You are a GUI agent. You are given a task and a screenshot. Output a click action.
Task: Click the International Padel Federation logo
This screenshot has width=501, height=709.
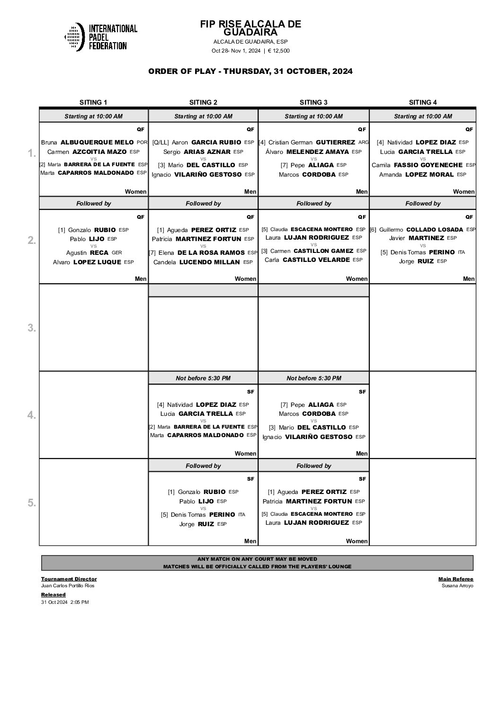click(x=100, y=37)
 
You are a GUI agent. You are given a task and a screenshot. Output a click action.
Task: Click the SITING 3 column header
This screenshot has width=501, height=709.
click(x=313, y=102)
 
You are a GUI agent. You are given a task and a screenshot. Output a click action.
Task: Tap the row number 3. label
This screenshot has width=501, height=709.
click(x=31, y=328)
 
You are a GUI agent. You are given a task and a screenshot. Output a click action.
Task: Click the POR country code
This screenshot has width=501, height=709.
click(x=142, y=142)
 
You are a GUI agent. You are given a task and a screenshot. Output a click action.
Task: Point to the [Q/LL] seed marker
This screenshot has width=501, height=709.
click(x=161, y=142)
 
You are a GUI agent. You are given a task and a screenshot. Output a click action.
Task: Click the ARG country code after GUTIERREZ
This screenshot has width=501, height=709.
click(x=363, y=142)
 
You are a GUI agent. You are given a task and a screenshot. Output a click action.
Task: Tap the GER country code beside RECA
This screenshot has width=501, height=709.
click(x=116, y=253)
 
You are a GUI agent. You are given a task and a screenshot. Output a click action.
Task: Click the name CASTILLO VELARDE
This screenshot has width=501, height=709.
click(x=316, y=260)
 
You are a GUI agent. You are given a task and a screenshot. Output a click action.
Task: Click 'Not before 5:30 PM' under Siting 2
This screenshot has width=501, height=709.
click(x=203, y=378)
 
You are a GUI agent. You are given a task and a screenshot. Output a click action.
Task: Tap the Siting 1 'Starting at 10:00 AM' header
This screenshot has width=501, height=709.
click(x=93, y=116)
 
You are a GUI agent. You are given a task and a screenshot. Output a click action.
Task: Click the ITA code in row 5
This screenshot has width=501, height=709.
click(x=242, y=515)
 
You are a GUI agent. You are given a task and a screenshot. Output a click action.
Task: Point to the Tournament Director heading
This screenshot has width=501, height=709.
click(x=69, y=579)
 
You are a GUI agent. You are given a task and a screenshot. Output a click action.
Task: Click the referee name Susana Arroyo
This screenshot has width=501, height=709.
click(x=457, y=586)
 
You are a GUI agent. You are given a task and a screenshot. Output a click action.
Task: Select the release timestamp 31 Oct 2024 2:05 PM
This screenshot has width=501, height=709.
click(x=65, y=602)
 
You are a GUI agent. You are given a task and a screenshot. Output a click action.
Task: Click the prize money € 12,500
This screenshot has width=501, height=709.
click(x=279, y=51)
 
